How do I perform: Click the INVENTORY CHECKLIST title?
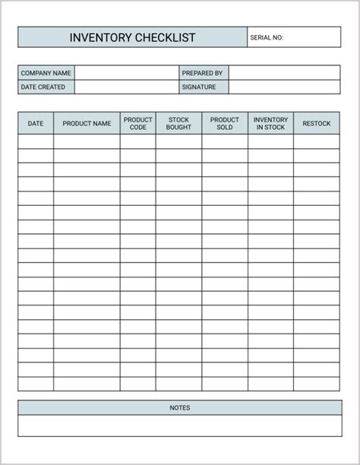pyautogui.click(x=132, y=37)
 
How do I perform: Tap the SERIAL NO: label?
pyautogui.click(x=266, y=37)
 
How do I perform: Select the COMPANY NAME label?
pyautogui.click(x=46, y=73)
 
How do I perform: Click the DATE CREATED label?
pyautogui.click(x=43, y=87)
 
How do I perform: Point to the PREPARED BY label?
pyautogui.click(x=202, y=73)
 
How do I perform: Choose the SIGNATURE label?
pyautogui.click(x=199, y=87)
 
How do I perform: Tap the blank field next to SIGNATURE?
pyautogui.click(x=284, y=87)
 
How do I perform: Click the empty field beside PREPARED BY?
pyautogui.click(x=284, y=73)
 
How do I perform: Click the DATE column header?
pyautogui.click(x=36, y=123)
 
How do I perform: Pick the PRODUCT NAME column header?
pyautogui.click(x=87, y=123)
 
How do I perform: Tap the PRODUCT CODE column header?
pyautogui.click(x=137, y=123)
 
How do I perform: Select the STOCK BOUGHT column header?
pyautogui.click(x=178, y=123)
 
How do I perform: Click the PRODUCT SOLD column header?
pyautogui.click(x=225, y=123)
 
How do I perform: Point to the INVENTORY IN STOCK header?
pyautogui.click(x=270, y=123)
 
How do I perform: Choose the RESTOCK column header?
pyautogui.click(x=317, y=123)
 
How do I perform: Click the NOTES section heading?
pyautogui.click(x=179, y=408)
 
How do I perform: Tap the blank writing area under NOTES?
pyautogui.click(x=179, y=425)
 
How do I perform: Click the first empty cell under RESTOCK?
pyautogui.click(x=317, y=141)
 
